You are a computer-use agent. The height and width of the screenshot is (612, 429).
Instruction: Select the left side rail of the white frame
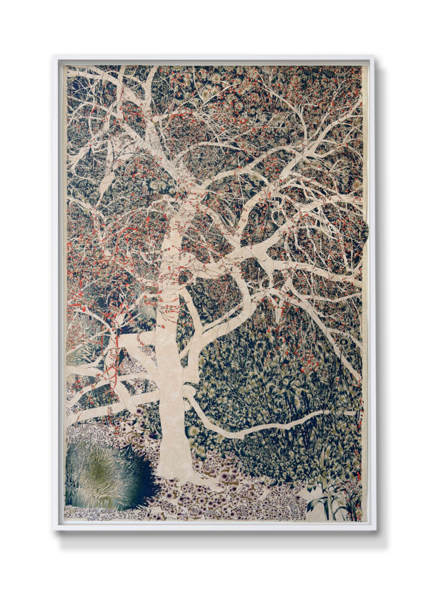coord(57,293)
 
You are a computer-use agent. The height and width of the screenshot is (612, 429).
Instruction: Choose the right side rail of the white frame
coord(370,293)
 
